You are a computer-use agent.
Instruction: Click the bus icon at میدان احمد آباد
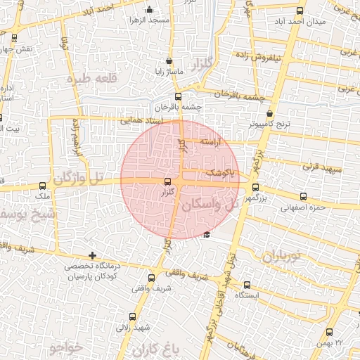300,11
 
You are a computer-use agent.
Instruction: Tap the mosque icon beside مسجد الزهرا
148,10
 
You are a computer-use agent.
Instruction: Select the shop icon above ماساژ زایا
169,61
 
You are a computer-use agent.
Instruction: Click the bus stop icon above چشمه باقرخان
177,97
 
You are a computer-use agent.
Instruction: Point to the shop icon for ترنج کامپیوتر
270,113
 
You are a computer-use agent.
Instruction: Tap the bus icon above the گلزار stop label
167,181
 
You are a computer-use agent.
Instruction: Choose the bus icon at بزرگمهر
255,188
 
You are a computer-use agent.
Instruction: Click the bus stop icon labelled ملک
44,186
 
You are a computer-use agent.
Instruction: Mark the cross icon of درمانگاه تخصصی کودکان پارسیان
92,255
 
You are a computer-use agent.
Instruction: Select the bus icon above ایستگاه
247,285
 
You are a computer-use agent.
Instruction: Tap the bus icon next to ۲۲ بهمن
330,333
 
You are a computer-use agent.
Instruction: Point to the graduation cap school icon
206,235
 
